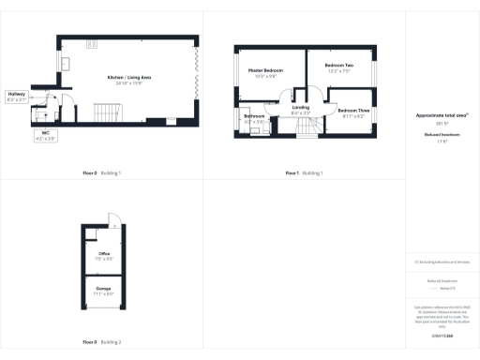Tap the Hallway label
tap(17, 95)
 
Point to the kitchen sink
tap(67, 63)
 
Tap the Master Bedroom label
tap(265, 70)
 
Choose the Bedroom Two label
tap(337, 66)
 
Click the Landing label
tap(301, 108)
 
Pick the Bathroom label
tap(254, 117)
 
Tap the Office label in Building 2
tap(104, 253)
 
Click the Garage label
tap(104, 288)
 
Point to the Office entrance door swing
tap(113, 222)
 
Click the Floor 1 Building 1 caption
tap(306, 173)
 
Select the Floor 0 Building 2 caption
tap(101, 340)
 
